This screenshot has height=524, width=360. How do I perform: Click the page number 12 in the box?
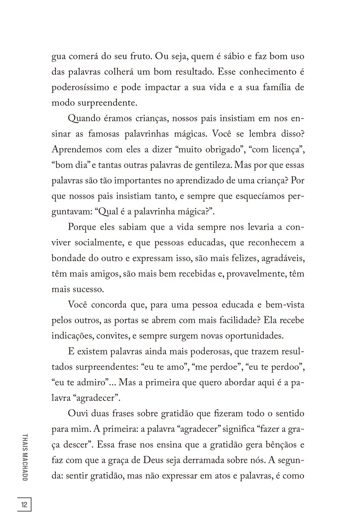pos(24,505)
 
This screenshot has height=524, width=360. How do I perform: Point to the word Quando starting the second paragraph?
pos(84,118)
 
